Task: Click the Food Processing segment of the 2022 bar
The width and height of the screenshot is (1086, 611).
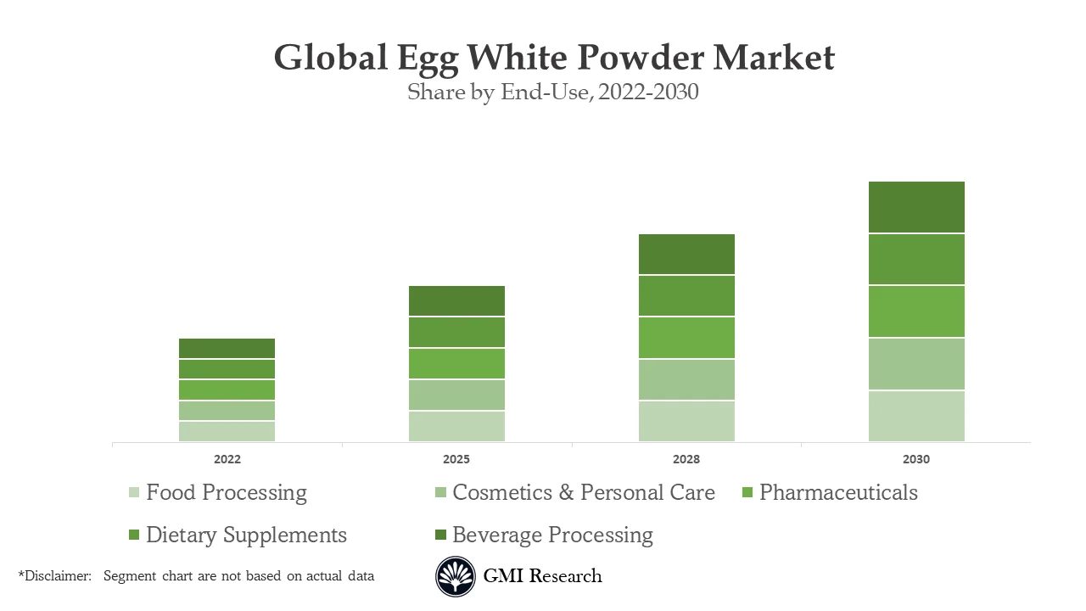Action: tap(227, 431)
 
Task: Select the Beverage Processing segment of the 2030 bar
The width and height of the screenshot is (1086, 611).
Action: tap(916, 207)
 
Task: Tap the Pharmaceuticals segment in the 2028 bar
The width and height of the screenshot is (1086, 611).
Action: tap(686, 338)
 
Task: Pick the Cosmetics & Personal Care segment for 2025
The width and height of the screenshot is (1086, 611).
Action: tap(456, 395)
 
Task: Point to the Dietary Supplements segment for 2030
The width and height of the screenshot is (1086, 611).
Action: tap(916, 259)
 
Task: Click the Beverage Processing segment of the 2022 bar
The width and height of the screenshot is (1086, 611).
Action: tap(227, 348)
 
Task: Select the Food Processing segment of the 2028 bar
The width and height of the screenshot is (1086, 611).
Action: tap(686, 421)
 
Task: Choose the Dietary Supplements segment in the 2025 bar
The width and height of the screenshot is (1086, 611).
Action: tap(456, 332)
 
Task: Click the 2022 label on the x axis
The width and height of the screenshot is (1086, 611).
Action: tap(227, 459)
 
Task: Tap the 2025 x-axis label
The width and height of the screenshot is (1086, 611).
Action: tap(456, 459)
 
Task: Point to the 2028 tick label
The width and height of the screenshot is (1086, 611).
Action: tap(686, 459)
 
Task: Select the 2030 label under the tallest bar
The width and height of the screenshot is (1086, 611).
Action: tap(916, 459)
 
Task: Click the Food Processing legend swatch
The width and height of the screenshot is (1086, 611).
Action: tap(134, 493)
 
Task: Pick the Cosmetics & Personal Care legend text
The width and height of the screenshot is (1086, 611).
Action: tap(583, 492)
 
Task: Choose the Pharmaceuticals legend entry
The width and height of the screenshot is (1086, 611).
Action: tap(837, 492)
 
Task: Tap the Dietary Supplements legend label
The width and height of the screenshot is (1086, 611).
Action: tap(246, 535)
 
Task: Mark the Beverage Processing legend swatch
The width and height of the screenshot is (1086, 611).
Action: tap(440, 535)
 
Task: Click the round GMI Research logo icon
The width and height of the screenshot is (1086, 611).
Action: tap(456, 576)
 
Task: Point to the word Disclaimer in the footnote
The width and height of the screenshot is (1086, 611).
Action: tap(56, 575)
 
